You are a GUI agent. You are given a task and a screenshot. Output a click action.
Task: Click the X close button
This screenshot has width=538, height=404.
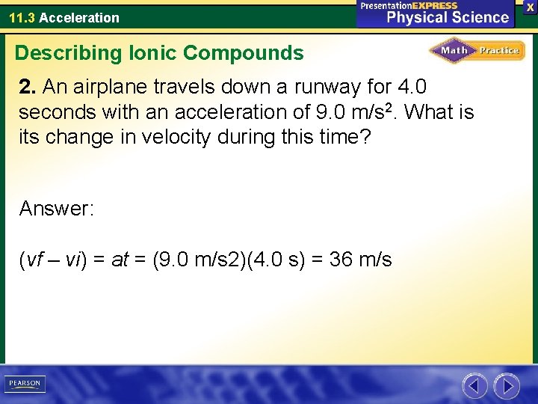531,7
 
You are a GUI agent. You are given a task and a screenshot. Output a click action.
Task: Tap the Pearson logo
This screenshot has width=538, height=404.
25,384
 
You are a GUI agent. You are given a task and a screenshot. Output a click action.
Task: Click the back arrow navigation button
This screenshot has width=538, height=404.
474,386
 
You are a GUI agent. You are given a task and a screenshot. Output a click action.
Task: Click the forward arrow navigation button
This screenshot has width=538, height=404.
507,386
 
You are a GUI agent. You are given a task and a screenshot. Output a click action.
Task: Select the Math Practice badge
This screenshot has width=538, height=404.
477,51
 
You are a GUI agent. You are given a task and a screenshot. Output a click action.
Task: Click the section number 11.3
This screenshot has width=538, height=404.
22,17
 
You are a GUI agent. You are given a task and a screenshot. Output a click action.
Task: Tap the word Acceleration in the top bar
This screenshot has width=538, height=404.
79,17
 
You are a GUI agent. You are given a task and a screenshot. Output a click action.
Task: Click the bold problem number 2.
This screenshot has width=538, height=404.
27,88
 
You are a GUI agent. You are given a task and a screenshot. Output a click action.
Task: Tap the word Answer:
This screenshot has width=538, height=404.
57,208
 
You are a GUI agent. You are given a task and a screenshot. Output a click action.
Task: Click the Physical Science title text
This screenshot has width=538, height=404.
447,16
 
